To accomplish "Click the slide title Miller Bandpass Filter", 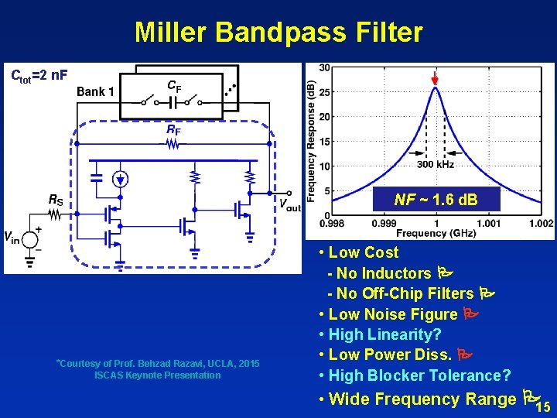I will [278, 33].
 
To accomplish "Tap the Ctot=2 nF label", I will [39, 75].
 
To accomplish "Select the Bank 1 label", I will [96, 91].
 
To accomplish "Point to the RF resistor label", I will [174, 131].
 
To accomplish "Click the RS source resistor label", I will [56, 200].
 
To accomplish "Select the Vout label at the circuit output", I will [289, 206].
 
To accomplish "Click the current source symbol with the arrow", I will [120, 179].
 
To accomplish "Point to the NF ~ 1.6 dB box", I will [436, 200].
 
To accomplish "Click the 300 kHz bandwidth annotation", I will [436, 164].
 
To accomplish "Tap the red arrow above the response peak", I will [436, 77].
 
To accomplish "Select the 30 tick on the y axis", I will [325, 68].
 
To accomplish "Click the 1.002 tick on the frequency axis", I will [541, 223].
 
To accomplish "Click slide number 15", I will [543, 407].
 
